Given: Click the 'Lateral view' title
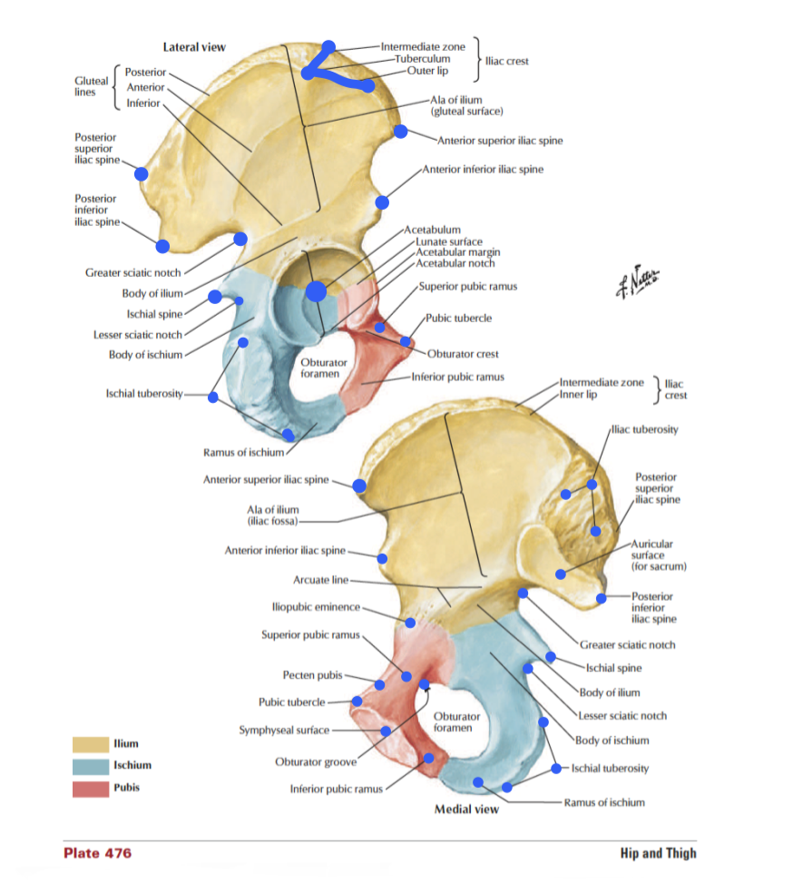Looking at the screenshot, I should pyautogui.click(x=194, y=46).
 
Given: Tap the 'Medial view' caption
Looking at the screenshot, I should pyautogui.click(x=465, y=809).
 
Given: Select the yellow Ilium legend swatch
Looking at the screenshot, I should pyautogui.click(x=89, y=744).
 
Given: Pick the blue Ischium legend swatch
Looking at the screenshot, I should pyautogui.click(x=89, y=766).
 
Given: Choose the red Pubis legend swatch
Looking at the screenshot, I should pyautogui.click(x=89, y=788).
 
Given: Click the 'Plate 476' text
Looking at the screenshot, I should pyautogui.click(x=98, y=853).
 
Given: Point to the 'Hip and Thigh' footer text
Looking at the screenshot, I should pyautogui.click(x=658, y=853).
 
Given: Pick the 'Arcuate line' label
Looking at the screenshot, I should pyautogui.click(x=320, y=580).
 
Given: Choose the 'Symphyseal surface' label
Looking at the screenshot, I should pyautogui.click(x=283, y=730).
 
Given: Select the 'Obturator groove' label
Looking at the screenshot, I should pyautogui.click(x=315, y=761).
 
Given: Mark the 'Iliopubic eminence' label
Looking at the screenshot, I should pyautogui.click(x=316, y=606).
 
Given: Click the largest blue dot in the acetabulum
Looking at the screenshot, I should pyautogui.click(x=316, y=291).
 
